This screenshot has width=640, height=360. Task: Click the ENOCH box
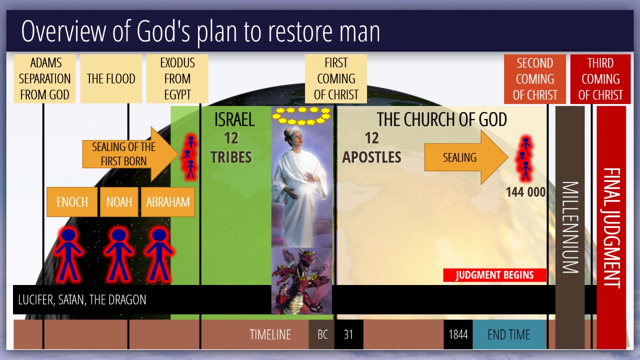click(72, 201)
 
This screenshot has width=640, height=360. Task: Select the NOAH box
click(119, 201)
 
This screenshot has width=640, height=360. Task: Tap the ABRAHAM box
click(168, 201)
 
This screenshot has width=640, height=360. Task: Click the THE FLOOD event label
click(111, 78)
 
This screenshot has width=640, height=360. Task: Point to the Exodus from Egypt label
click(177, 78)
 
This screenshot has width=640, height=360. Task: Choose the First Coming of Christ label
click(336, 78)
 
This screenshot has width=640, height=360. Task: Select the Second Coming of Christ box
click(535, 79)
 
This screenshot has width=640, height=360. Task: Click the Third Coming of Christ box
click(600, 79)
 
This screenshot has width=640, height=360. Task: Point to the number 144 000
click(525, 192)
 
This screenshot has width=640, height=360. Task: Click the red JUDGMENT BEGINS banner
click(494, 275)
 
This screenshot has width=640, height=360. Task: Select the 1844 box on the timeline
click(458, 334)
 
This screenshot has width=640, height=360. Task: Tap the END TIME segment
click(509, 334)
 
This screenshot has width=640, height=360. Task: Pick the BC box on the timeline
click(321, 334)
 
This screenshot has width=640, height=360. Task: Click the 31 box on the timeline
click(349, 334)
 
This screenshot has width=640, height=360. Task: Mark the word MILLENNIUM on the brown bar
click(570, 227)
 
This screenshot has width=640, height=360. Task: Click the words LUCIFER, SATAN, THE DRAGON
click(82, 299)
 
